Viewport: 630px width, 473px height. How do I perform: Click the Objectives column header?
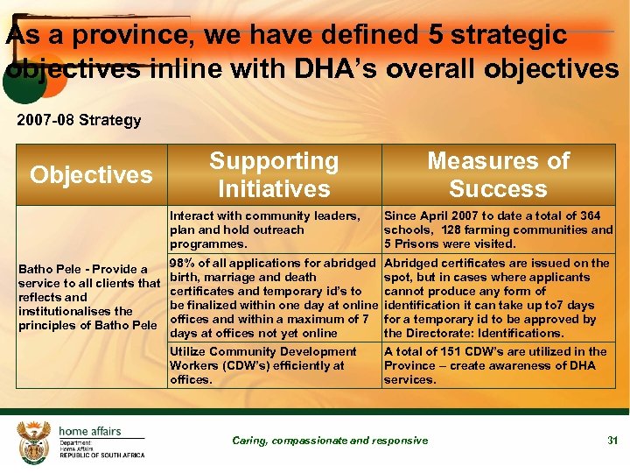91,174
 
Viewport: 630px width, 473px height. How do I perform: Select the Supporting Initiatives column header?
274,174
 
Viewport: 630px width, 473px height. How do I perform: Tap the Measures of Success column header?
498,174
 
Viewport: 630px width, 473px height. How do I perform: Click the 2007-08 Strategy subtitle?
79,120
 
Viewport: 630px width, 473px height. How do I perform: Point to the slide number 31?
612,441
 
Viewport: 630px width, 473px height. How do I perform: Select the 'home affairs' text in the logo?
90,431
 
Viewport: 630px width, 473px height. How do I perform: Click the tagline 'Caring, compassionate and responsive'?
330,441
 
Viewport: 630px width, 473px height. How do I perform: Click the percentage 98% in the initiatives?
182,263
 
